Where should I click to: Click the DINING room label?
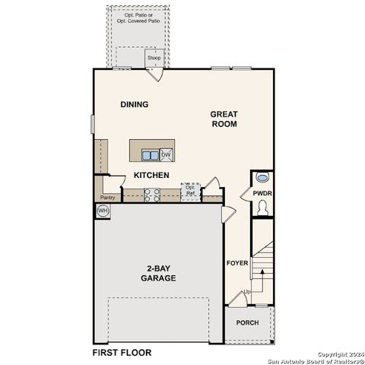134,104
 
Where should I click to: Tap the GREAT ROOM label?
224,118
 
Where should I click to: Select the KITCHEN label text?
151,175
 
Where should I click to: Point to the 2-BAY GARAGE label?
158,273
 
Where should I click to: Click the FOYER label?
237,263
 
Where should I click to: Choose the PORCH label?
247,322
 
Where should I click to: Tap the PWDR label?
262,194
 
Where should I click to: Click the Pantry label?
107,198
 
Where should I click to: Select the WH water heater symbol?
103,210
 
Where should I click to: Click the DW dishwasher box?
165,154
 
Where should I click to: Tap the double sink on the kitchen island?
151,155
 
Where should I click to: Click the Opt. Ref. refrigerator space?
190,192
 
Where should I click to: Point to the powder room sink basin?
262,177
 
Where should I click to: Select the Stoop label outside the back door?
154,58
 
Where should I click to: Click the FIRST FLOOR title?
122,353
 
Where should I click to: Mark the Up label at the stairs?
246,292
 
